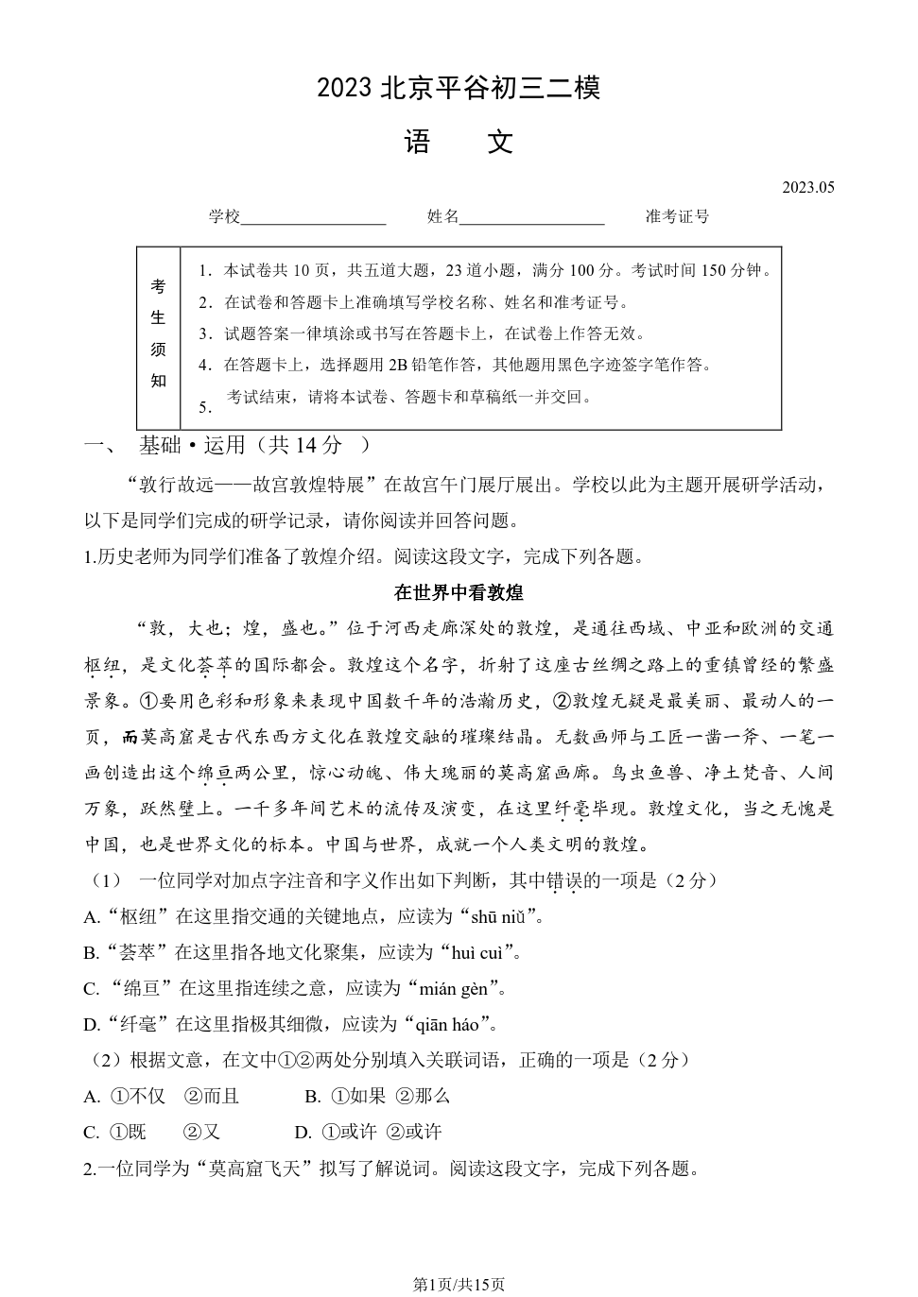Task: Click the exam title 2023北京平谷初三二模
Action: pos(459,88)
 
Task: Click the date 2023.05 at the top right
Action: pos(807,187)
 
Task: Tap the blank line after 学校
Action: pos(314,218)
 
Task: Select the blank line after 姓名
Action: pos(531,218)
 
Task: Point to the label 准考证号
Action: pos(677,216)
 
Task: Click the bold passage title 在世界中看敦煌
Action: pos(459,592)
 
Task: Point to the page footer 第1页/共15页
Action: pos(459,1284)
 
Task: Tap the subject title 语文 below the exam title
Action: pos(459,142)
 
